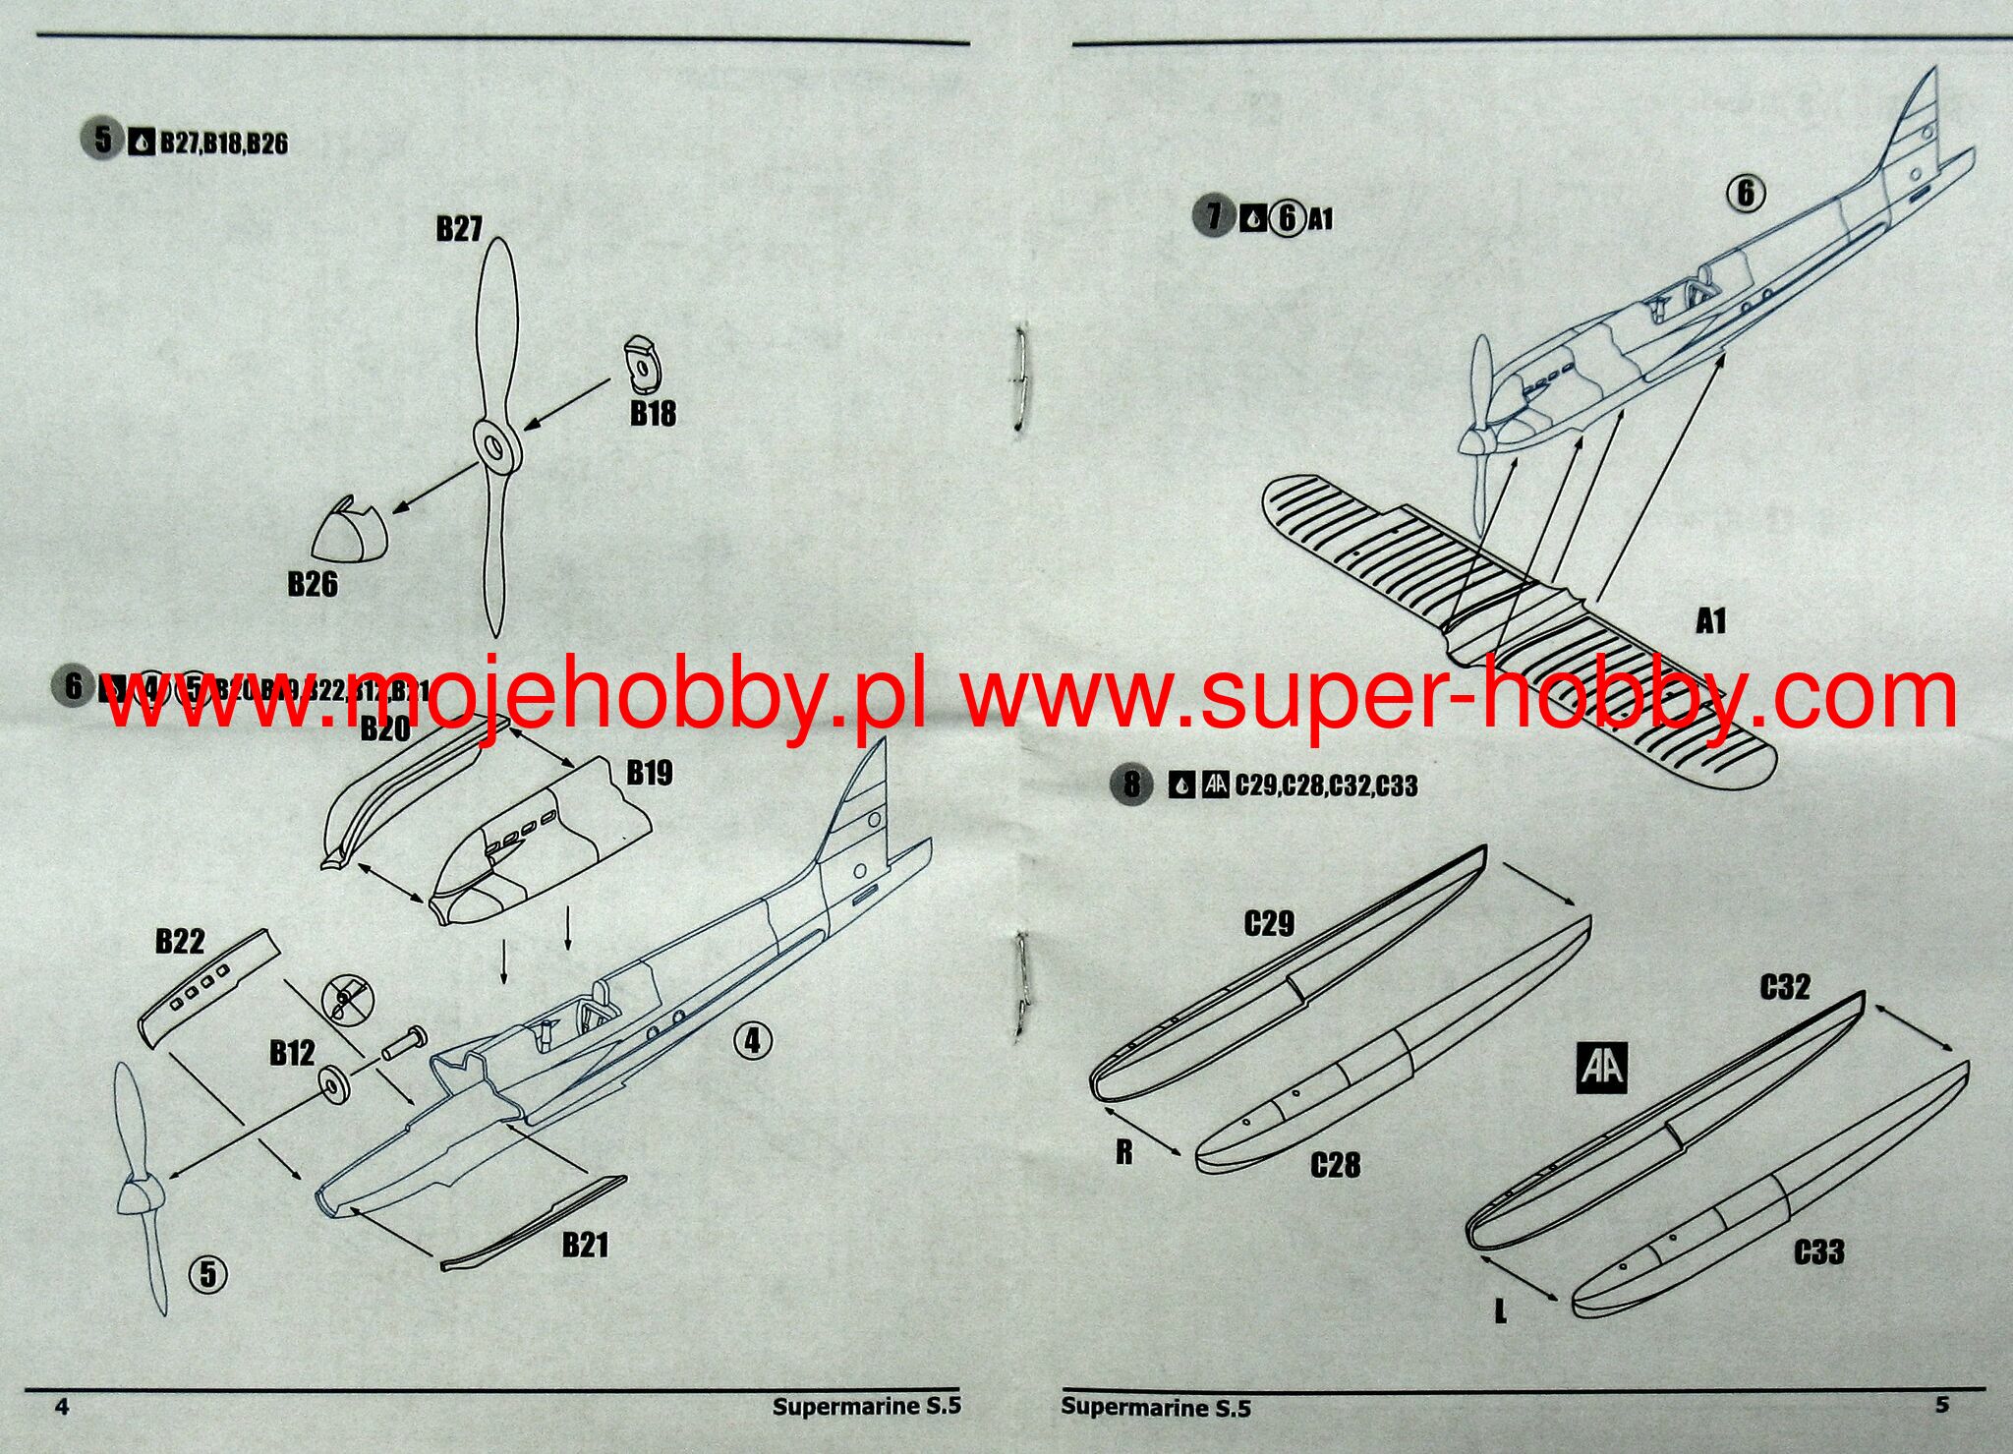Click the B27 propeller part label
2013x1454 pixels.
point(459,229)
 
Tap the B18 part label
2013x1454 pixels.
point(653,414)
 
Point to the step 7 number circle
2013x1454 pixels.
point(1214,215)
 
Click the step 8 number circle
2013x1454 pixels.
point(1131,784)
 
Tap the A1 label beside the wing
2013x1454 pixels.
point(1710,621)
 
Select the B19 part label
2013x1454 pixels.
point(650,773)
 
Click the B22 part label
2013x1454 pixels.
point(180,941)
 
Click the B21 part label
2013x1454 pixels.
point(585,1246)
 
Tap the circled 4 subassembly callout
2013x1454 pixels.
point(753,1040)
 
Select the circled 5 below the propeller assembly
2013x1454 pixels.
point(207,1274)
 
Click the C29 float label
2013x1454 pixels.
point(1269,924)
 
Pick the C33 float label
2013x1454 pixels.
point(1818,1252)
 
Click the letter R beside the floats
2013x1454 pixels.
point(1124,1152)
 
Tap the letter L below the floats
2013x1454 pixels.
point(1500,1310)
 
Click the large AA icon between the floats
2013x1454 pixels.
point(1602,1068)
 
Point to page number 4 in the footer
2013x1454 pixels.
point(62,1407)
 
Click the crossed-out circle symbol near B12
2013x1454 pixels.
point(349,1000)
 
